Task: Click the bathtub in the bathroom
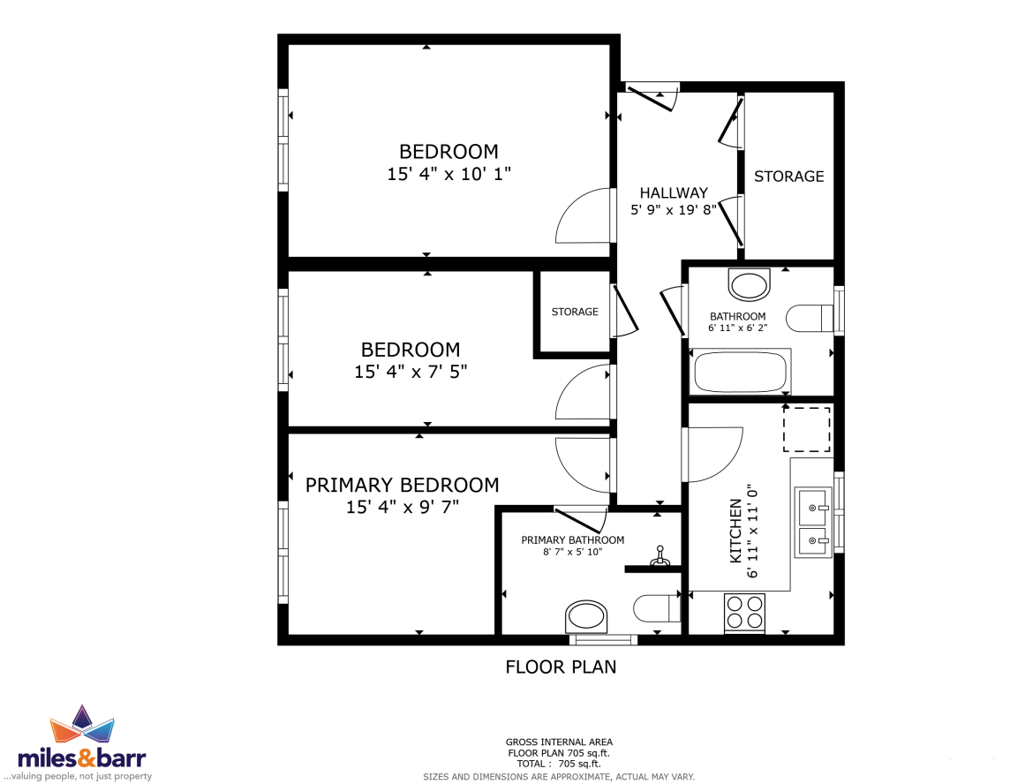(740, 371)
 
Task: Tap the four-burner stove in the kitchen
(745, 612)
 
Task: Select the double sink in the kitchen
(813, 523)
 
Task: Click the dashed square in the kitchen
(806, 430)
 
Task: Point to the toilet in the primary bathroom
(657, 608)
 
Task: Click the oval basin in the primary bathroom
(586, 617)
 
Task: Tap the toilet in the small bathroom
(810, 318)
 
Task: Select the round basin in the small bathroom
(750, 284)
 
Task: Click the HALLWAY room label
(674, 192)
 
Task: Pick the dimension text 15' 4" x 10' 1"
(449, 174)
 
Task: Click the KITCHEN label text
(735, 531)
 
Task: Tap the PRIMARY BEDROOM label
(402, 485)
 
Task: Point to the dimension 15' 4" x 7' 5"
(411, 372)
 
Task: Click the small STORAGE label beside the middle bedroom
(575, 312)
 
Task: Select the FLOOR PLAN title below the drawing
(561, 667)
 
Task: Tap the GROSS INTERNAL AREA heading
(559, 743)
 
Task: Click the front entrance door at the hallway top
(652, 96)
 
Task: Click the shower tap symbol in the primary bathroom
(659, 556)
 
